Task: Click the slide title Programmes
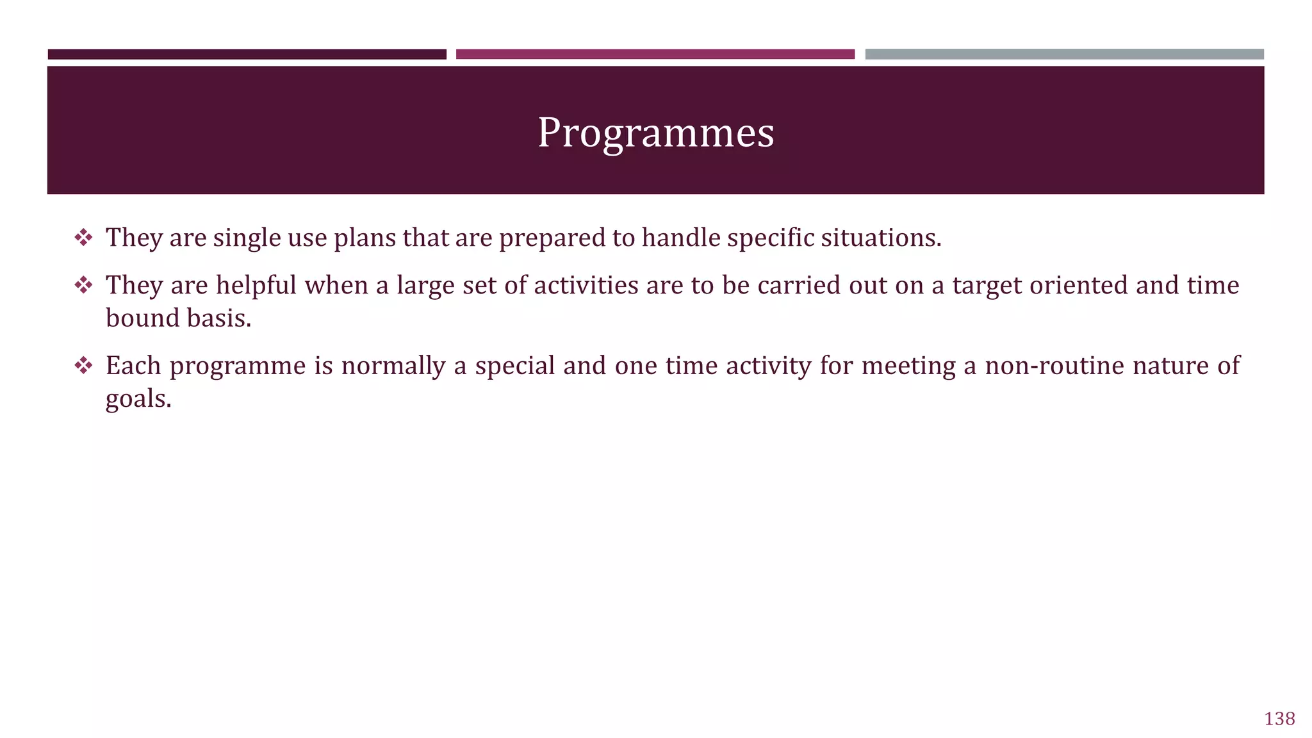655,133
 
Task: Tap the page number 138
1279,719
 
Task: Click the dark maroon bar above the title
247,54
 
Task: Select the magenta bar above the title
655,54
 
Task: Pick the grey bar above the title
1064,54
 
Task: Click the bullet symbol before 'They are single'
83,238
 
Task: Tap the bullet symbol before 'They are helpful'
83,285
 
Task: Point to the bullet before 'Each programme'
83,366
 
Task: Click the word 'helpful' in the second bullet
256,285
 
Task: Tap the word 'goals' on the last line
138,400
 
